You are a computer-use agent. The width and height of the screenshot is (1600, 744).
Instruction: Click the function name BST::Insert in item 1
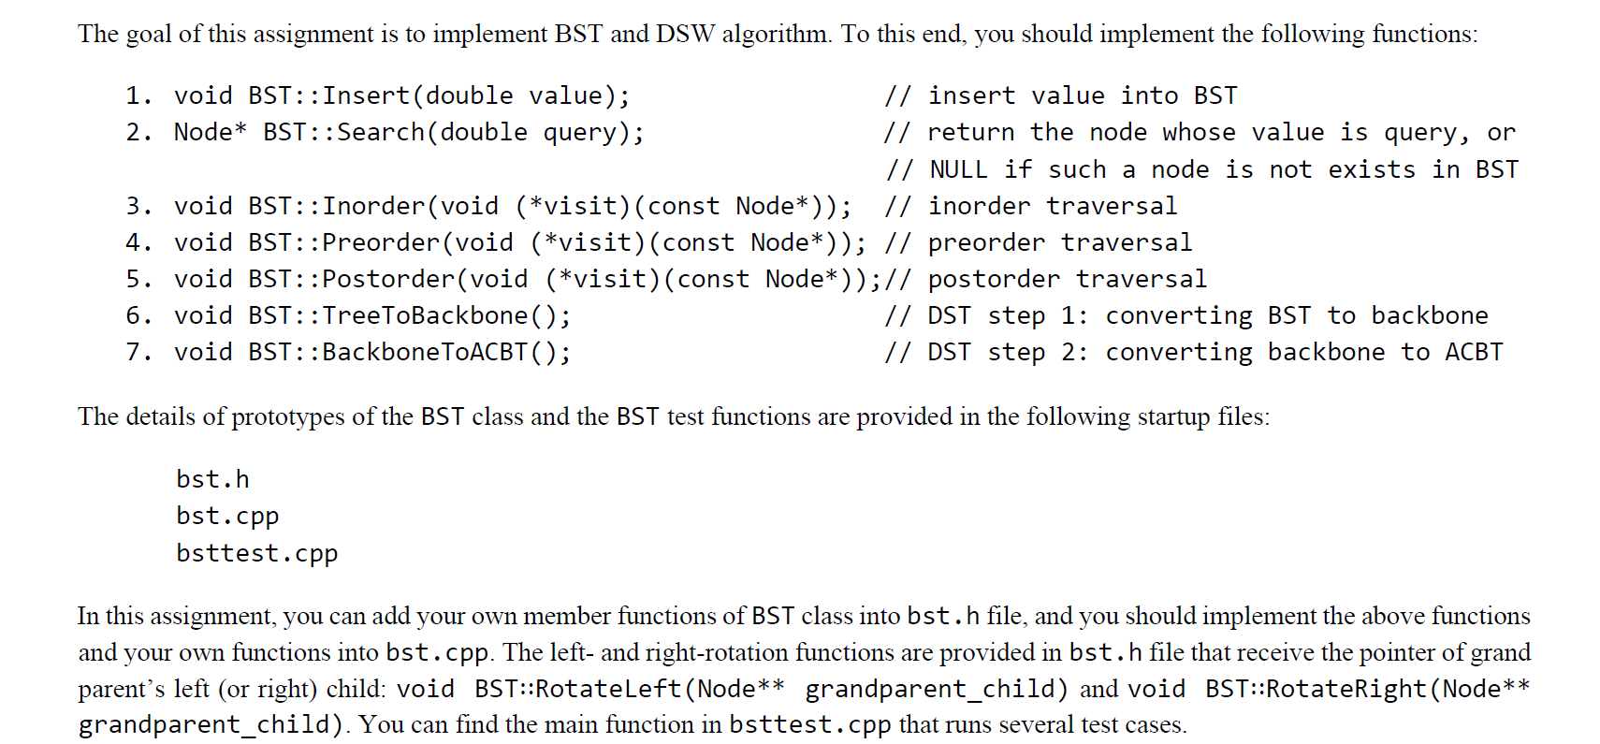(x=329, y=96)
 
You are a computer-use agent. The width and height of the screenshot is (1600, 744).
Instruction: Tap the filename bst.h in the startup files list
(x=212, y=480)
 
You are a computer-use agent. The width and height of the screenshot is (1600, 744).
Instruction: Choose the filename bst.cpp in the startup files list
(x=227, y=517)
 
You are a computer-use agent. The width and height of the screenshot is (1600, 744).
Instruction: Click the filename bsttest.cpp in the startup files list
(x=256, y=554)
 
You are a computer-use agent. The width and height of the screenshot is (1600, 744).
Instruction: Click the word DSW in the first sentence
(x=685, y=35)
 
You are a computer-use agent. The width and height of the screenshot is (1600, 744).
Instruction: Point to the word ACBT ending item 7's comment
(x=1474, y=353)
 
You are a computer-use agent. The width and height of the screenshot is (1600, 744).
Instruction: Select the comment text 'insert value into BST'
(x=1083, y=96)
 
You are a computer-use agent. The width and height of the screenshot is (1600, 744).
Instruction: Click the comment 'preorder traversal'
(x=1060, y=243)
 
